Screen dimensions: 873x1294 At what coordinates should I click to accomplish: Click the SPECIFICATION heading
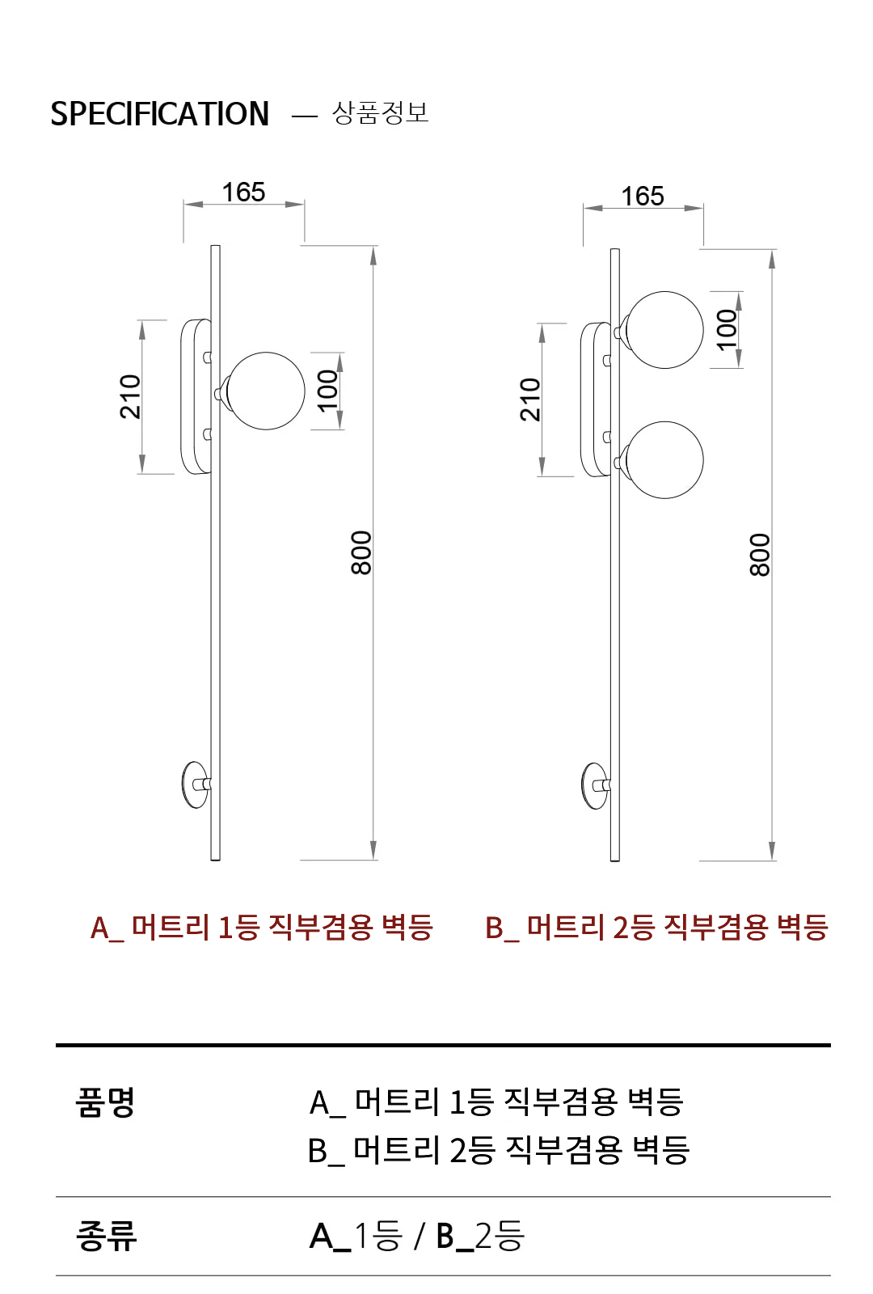point(160,114)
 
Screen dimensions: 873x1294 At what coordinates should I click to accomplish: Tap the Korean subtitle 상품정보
point(381,112)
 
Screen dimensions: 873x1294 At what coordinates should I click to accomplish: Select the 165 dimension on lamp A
point(243,192)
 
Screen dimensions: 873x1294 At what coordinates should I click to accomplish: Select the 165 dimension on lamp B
point(643,197)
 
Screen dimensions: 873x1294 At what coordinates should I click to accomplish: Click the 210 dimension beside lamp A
point(130,397)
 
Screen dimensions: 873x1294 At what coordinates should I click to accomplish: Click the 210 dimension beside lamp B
point(530,400)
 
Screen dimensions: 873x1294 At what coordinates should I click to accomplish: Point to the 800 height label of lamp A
point(361,553)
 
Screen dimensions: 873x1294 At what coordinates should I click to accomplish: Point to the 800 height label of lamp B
point(760,555)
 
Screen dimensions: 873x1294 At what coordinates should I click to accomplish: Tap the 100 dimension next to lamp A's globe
point(327,391)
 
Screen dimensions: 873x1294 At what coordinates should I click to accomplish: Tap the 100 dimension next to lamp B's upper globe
point(727,330)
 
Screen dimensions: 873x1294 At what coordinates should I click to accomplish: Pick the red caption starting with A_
point(262,928)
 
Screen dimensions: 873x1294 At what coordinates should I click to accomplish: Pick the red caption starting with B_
point(657,928)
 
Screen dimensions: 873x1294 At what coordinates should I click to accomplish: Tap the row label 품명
point(105,1102)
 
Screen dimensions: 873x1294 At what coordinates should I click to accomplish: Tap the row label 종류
point(106,1237)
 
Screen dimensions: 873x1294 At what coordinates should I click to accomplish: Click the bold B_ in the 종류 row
point(454,1237)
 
